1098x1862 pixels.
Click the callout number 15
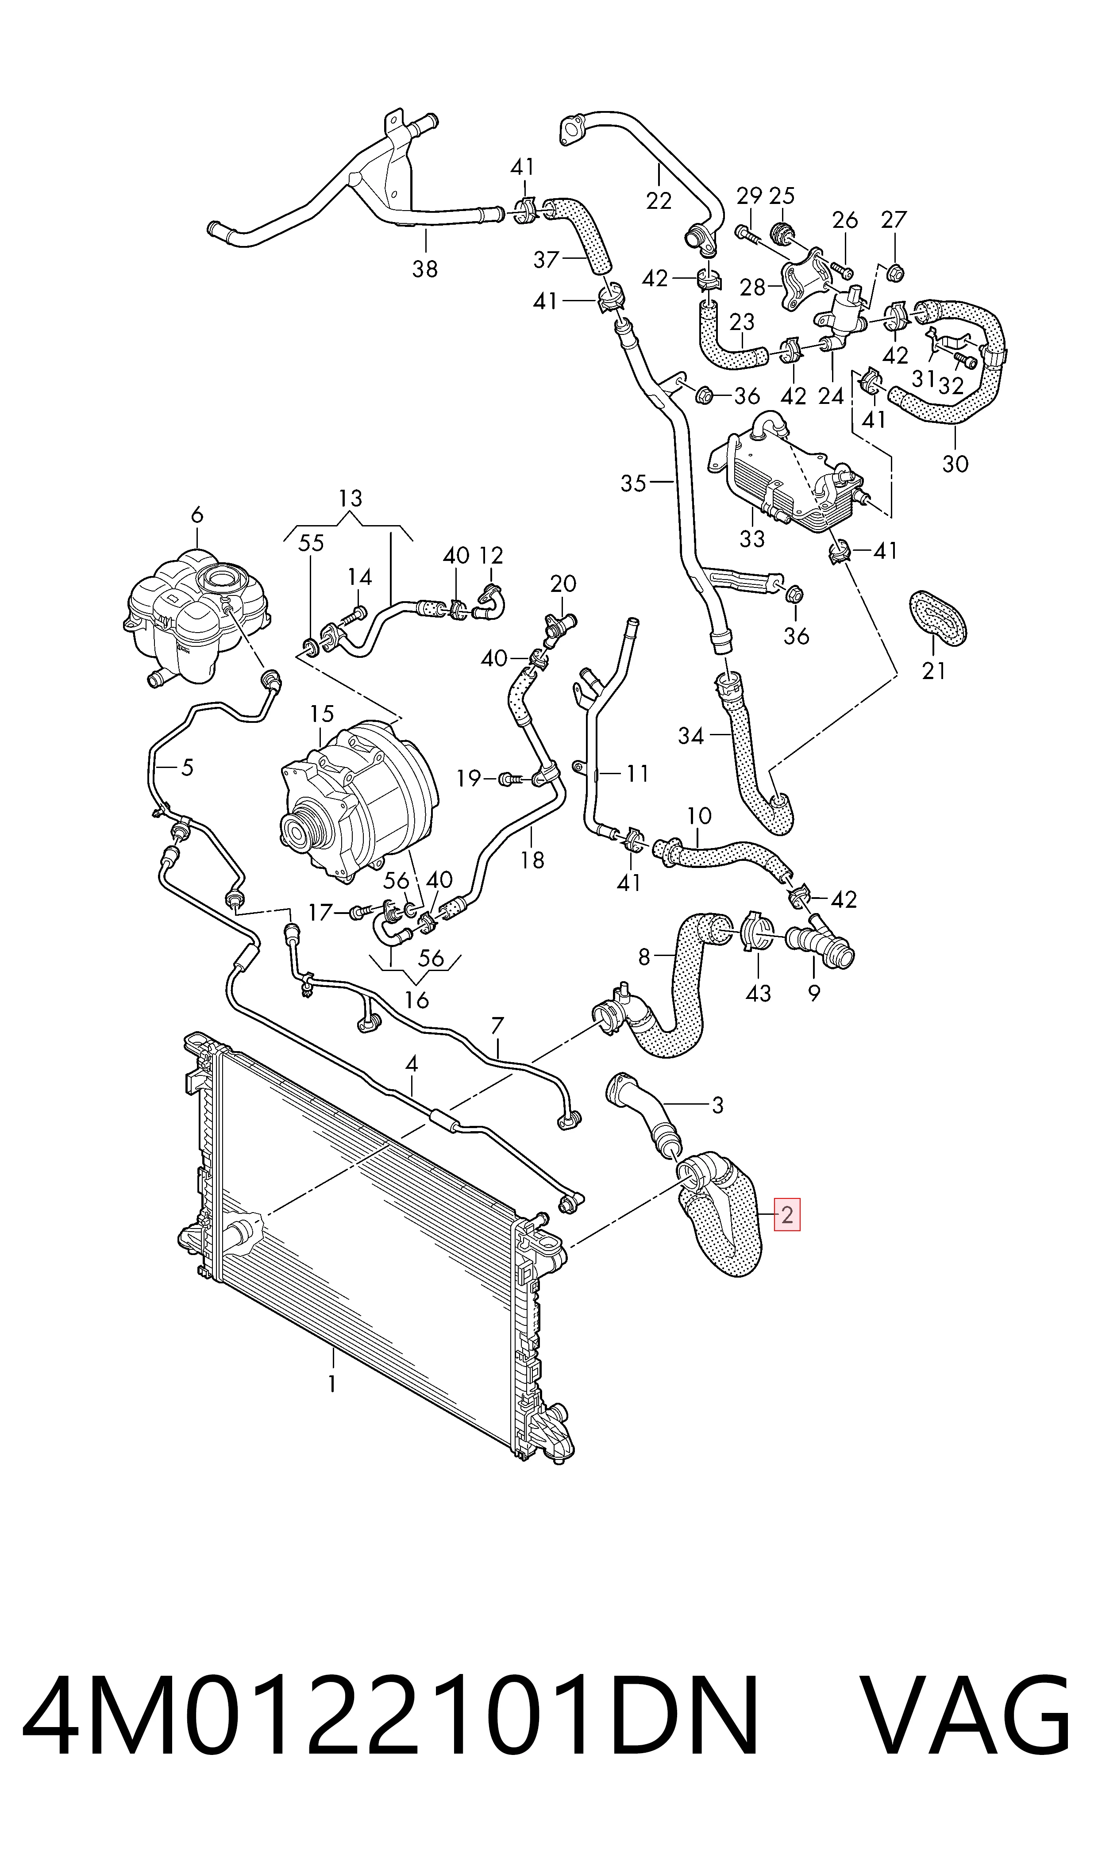(x=322, y=714)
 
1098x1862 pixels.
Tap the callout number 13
(x=351, y=499)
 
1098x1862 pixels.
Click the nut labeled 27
(x=893, y=271)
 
